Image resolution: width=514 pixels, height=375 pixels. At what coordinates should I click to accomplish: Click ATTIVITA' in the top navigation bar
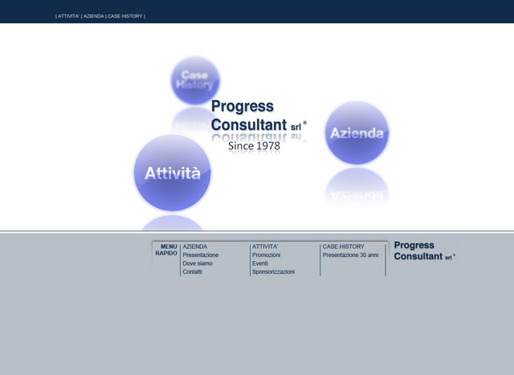68,16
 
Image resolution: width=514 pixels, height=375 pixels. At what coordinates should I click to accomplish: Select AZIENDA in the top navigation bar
94,16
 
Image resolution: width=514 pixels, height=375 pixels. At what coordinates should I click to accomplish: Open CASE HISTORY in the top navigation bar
125,16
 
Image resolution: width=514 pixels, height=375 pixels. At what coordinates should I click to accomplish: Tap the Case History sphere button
195,80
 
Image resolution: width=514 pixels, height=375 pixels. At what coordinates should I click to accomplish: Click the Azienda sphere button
357,132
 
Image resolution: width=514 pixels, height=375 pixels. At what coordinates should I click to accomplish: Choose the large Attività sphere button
173,173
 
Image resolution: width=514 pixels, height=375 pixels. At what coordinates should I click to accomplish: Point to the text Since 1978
254,146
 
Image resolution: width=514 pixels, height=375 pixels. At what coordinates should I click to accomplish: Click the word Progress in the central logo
243,107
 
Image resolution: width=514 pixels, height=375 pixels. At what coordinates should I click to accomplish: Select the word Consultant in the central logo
249,125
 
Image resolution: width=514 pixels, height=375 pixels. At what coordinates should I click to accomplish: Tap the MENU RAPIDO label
166,250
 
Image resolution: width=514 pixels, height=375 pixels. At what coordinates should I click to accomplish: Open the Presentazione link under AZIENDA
201,255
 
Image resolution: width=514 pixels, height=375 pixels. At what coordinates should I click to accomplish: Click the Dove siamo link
198,263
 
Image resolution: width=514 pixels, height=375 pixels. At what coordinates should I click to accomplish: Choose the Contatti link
193,271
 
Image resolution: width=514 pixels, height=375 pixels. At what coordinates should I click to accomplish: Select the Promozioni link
266,255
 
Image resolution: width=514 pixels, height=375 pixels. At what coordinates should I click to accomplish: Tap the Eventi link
260,263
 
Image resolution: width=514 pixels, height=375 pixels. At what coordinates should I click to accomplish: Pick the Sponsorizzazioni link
273,271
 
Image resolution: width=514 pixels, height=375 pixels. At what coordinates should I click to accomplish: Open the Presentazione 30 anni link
350,255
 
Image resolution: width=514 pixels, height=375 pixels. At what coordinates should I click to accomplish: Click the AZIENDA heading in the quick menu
194,247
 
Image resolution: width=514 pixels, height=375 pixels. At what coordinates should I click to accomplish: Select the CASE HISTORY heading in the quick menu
343,247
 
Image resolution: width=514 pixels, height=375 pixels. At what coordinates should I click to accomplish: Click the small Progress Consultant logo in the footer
425,251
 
